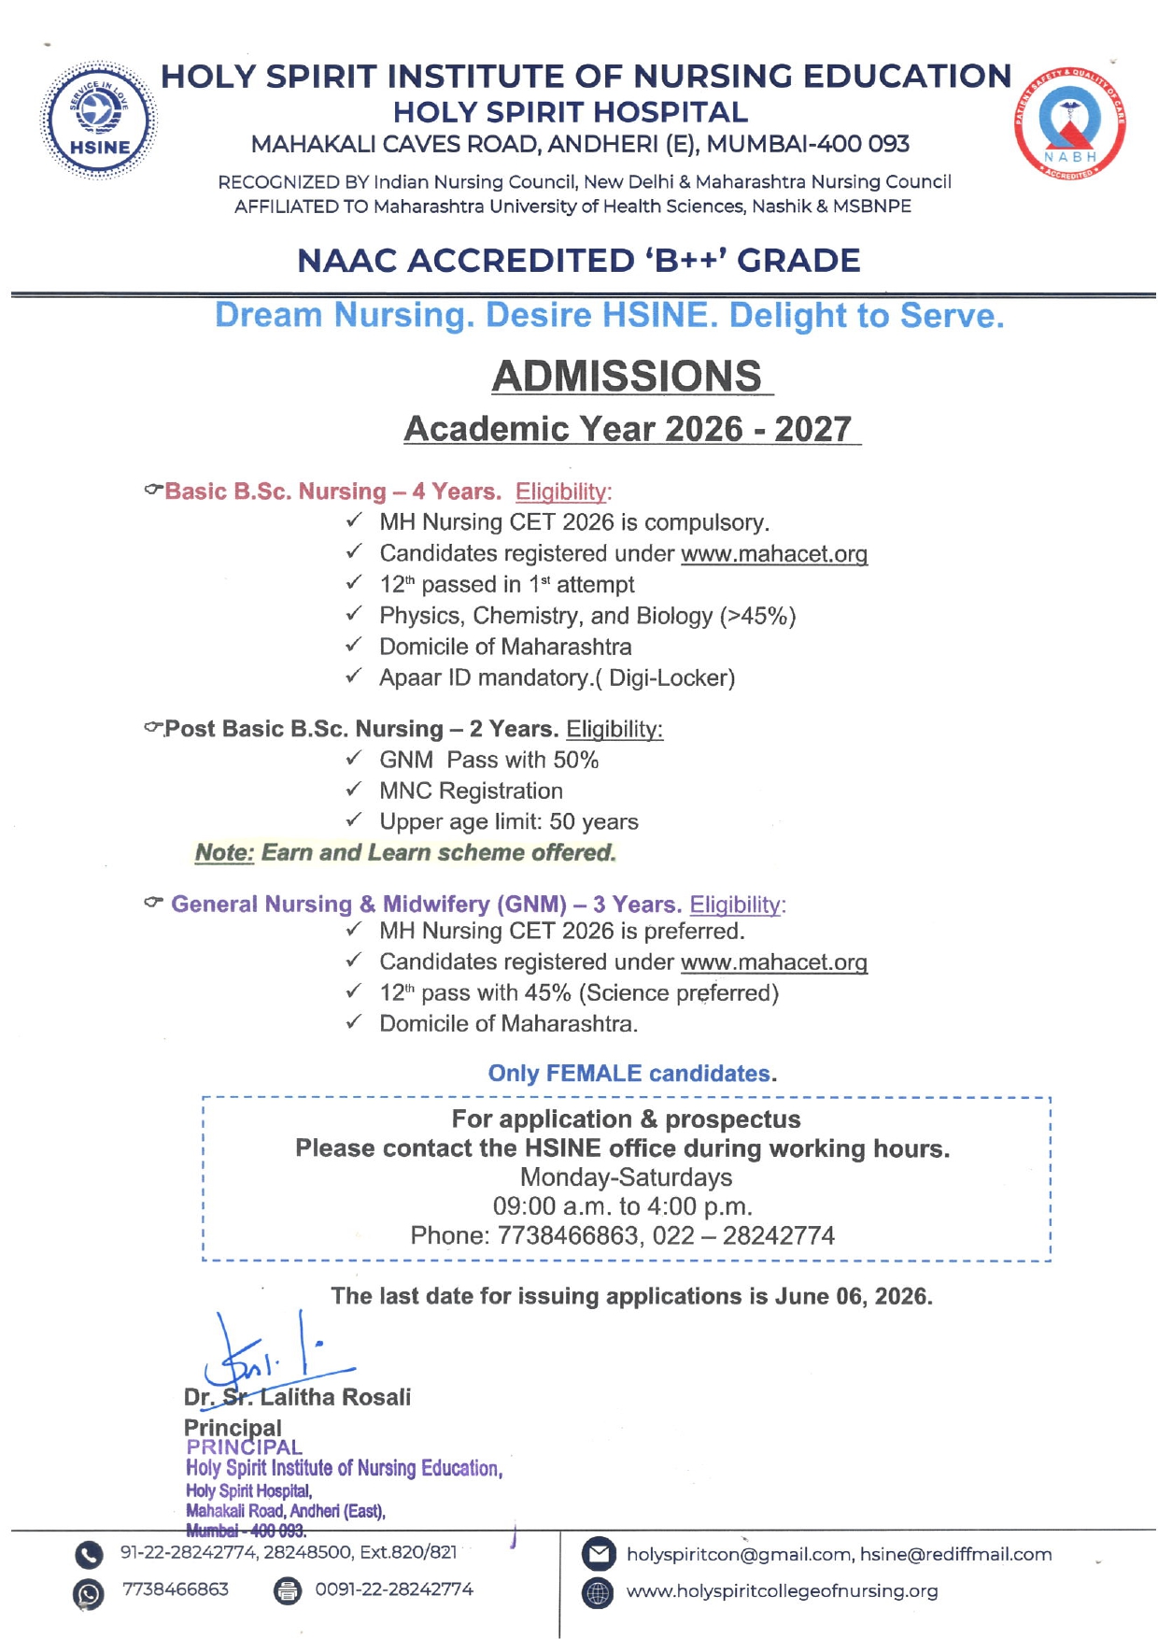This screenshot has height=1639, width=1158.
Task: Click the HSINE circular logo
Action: click(x=99, y=121)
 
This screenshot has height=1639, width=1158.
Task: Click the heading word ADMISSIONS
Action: click(x=627, y=376)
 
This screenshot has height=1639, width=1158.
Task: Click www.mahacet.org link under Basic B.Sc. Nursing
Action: click(x=774, y=554)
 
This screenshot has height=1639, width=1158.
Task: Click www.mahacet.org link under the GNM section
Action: click(x=774, y=962)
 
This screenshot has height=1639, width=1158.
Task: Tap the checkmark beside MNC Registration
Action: click(x=354, y=790)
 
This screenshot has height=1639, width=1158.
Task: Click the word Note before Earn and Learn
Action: click(x=224, y=853)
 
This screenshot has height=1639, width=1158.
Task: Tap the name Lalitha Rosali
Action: click(x=335, y=1397)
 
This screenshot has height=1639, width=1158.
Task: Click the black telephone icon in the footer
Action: click(x=89, y=1555)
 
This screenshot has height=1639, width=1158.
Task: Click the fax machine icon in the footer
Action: click(x=288, y=1590)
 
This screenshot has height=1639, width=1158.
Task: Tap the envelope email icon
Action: click(x=598, y=1555)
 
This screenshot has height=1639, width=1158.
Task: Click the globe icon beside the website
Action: click(x=598, y=1592)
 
